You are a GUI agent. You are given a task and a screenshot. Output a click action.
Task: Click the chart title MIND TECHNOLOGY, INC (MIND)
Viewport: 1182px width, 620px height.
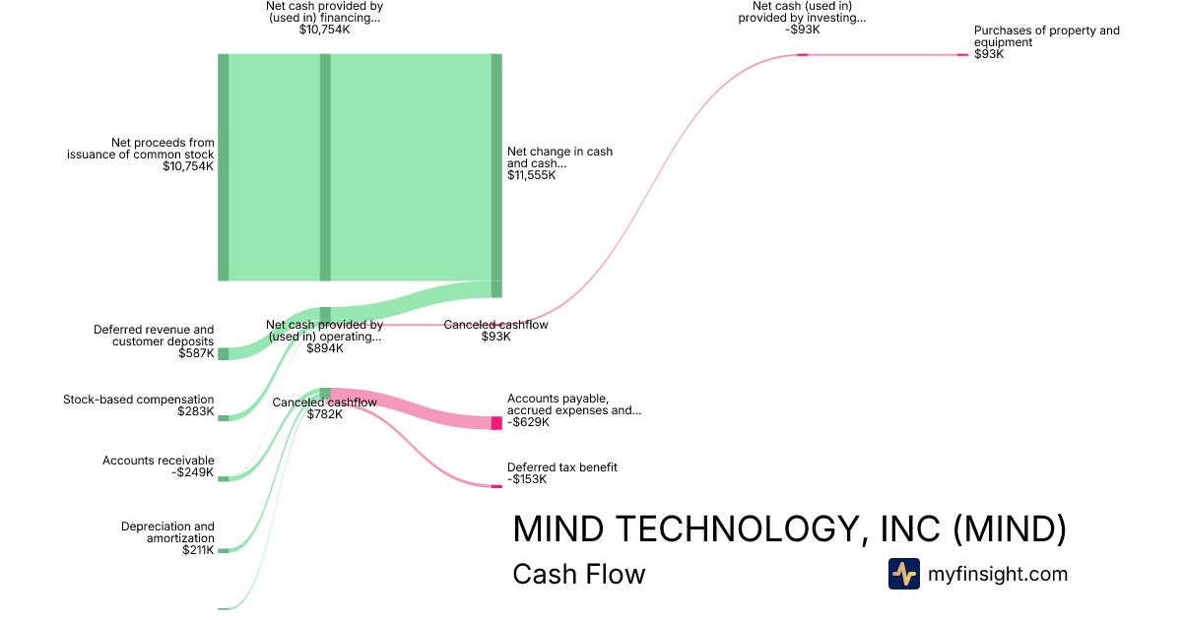pyautogui.click(x=789, y=529)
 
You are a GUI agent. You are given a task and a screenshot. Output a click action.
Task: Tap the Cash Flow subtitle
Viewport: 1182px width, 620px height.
pyautogui.click(x=578, y=575)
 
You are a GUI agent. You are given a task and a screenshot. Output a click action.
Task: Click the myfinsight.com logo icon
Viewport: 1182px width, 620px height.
pyautogui.click(x=903, y=574)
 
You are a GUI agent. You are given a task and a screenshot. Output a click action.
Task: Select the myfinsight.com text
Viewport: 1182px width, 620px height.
pyautogui.click(x=998, y=574)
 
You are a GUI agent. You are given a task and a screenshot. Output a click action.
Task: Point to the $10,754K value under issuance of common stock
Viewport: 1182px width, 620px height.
pyautogui.click(x=188, y=166)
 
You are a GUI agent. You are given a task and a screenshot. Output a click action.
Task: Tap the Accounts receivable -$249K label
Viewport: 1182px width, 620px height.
pyautogui.click(x=158, y=466)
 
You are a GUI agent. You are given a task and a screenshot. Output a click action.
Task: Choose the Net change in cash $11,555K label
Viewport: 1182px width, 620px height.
pyautogui.click(x=559, y=163)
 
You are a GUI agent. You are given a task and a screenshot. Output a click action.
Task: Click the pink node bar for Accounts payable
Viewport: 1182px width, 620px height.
pyautogui.click(x=496, y=423)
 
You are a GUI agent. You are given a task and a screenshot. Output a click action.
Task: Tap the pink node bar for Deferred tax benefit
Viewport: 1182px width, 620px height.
pyautogui.click(x=496, y=486)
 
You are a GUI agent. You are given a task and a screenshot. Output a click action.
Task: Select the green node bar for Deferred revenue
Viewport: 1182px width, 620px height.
pyautogui.click(x=223, y=353)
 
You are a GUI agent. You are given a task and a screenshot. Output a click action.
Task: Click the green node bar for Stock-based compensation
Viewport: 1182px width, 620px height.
pyautogui.click(x=223, y=418)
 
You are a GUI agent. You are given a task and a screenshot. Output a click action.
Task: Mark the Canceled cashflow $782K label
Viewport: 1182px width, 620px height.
pyautogui.click(x=324, y=408)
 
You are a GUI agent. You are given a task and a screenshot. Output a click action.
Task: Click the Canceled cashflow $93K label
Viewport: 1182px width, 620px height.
pyautogui.click(x=495, y=331)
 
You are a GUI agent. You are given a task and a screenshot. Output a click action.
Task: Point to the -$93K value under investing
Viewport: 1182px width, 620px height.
pyautogui.click(x=803, y=30)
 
